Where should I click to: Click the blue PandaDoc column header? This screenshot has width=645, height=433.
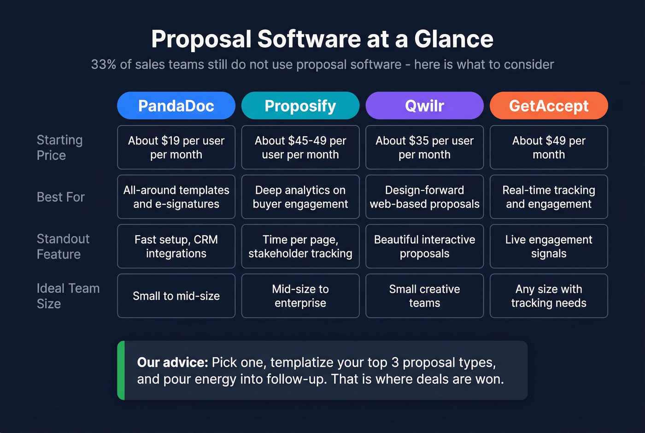point(176,106)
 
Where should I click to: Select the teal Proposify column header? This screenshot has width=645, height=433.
point(300,106)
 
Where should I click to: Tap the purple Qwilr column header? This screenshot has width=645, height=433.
point(424,106)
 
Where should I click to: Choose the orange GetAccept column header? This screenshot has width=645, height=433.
point(549,106)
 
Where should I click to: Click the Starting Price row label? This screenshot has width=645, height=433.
point(59,148)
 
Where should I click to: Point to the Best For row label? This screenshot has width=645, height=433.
point(60,197)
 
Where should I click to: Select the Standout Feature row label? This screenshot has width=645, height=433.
point(63,246)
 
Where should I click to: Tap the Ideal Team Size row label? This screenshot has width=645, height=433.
point(68,296)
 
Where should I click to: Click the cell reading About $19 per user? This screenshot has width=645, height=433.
point(176,148)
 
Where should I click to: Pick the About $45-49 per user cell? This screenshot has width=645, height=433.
point(300,148)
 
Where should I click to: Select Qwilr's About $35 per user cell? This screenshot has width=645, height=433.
point(424,148)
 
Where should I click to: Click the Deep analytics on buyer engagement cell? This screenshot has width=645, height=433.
point(300,197)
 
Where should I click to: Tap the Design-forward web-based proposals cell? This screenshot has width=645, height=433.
point(424,197)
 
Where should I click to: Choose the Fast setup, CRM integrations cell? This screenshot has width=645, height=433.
point(176,246)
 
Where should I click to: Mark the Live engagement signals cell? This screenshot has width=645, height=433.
point(549,246)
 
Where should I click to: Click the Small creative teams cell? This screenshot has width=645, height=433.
point(424,296)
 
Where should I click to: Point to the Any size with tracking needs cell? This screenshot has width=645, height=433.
point(549,296)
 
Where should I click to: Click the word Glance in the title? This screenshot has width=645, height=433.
point(453,39)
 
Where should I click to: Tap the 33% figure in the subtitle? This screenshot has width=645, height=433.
point(103,65)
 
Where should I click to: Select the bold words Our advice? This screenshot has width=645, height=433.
point(172,362)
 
